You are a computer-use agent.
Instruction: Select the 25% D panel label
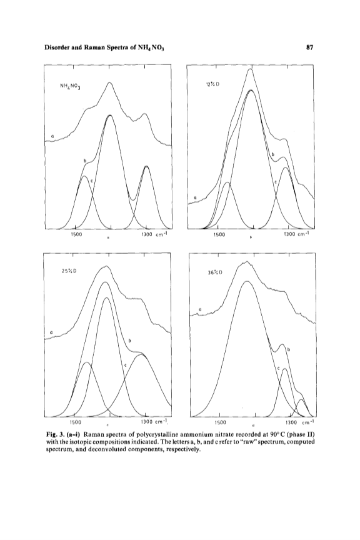(69, 271)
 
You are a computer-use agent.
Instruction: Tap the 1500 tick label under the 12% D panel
(219, 235)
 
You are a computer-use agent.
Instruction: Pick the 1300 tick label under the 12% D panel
(290, 234)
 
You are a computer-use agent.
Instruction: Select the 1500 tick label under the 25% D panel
(76, 421)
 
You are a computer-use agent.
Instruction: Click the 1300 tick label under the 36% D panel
(291, 422)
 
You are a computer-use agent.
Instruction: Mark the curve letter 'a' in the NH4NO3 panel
(52, 137)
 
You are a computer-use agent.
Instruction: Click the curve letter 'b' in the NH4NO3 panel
(84, 161)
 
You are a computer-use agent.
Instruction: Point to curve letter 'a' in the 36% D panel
(200, 310)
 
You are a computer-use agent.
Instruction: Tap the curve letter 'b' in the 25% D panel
(130, 341)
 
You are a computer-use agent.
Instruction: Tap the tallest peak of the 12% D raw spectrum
(251, 69)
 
